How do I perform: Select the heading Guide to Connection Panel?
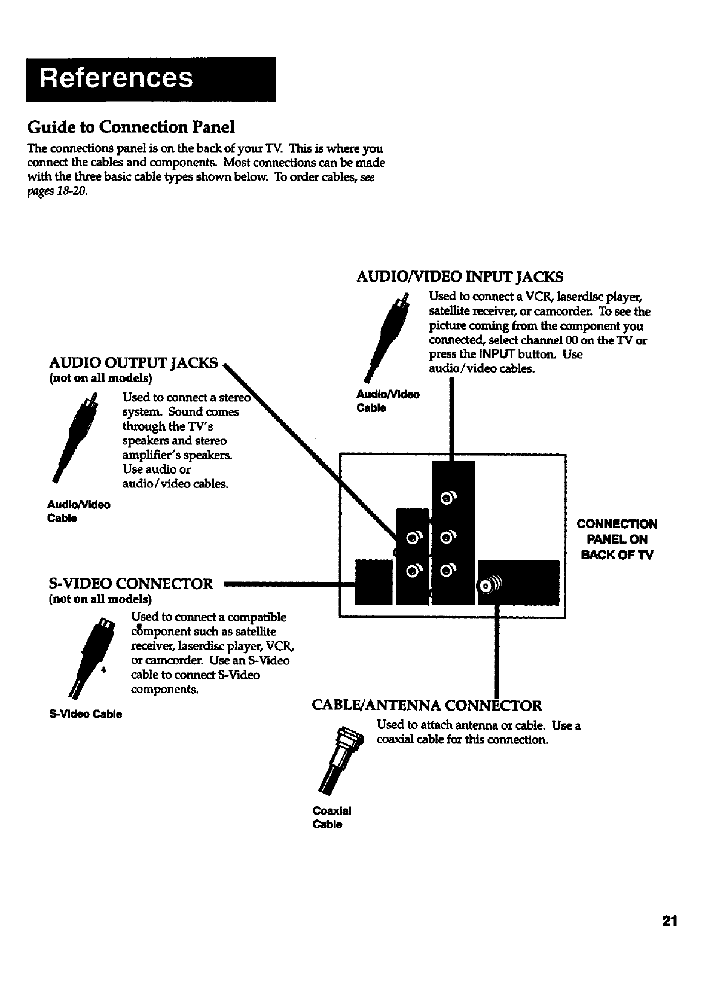130,127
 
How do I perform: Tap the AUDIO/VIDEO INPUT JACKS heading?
459,276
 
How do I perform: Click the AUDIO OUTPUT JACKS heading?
134,363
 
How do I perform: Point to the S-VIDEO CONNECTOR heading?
130,584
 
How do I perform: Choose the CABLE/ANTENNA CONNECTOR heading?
427,706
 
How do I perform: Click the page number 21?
669,920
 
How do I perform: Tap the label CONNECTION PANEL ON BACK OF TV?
616,539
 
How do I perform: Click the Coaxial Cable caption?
331,818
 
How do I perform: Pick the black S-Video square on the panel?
374,581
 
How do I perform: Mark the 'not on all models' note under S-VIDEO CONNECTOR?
100,599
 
